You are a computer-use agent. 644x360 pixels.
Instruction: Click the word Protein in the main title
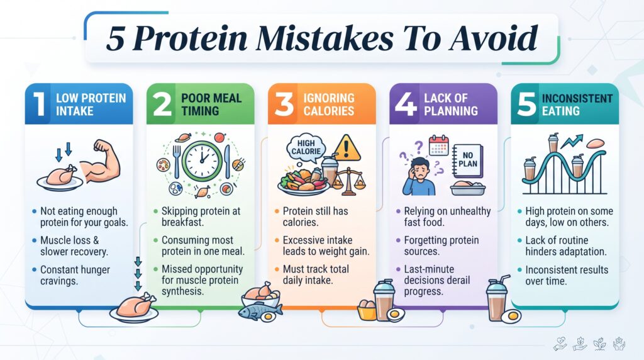[190, 39]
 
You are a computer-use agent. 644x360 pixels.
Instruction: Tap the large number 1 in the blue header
[40, 104]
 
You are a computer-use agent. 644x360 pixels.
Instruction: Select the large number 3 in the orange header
[284, 104]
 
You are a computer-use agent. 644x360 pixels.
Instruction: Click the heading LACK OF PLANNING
[451, 104]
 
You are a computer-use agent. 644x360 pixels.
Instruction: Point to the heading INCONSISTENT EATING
[577, 104]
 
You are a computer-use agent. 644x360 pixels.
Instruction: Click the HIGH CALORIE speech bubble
[306, 147]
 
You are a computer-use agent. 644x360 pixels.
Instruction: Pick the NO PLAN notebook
[467, 160]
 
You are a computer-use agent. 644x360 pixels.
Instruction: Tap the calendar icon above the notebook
[438, 145]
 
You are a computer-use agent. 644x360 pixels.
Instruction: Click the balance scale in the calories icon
[348, 181]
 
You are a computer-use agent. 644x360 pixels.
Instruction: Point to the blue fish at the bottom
[257, 311]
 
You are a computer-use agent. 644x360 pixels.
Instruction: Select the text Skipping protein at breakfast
[201, 217]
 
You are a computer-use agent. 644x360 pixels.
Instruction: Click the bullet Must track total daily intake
[316, 274]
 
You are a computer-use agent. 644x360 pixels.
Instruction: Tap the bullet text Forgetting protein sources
[441, 245]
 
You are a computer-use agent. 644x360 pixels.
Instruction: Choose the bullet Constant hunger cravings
[75, 275]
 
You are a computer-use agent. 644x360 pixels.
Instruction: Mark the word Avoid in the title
[494, 38]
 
